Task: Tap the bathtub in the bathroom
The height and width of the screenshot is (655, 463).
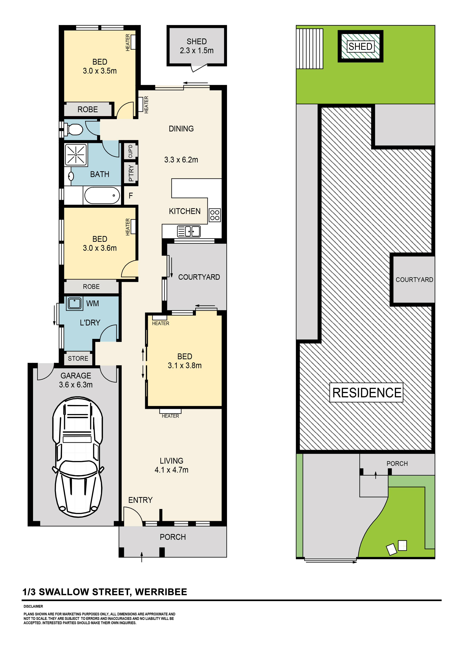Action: click(x=102, y=195)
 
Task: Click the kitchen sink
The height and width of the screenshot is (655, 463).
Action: click(x=189, y=231)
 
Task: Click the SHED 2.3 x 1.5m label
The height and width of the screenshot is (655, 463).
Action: click(x=197, y=46)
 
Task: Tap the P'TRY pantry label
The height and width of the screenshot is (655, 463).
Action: click(x=131, y=173)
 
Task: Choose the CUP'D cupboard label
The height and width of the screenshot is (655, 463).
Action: click(x=130, y=151)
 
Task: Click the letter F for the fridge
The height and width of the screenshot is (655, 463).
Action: click(x=131, y=196)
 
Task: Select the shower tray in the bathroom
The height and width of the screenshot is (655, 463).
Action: click(x=76, y=155)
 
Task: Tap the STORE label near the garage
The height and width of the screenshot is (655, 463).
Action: click(x=78, y=358)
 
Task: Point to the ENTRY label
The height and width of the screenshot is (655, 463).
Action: click(x=140, y=500)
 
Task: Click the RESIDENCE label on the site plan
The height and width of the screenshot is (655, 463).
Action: click(x=367, y=393)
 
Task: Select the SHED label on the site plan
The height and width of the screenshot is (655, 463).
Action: click(x=360, y=46)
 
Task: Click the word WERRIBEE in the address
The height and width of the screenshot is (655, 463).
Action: click(x=161, y=592)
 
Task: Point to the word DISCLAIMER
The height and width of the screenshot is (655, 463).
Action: click(x=33, y=606)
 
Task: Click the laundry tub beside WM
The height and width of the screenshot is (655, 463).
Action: click(x=74, y=303)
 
